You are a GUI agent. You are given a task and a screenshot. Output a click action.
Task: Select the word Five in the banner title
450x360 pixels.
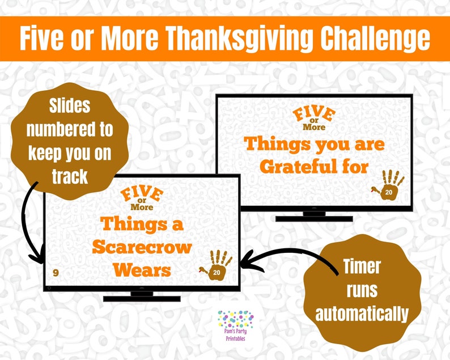coord(47,39)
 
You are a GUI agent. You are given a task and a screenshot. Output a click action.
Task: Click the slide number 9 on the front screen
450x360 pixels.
coord(56,273)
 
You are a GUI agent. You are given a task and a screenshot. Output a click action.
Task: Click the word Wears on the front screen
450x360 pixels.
coord(142,270)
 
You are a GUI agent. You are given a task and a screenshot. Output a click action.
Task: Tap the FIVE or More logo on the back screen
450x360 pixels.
coord(313,118)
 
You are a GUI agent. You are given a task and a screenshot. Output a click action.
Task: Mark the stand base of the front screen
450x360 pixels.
coord(142,298)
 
